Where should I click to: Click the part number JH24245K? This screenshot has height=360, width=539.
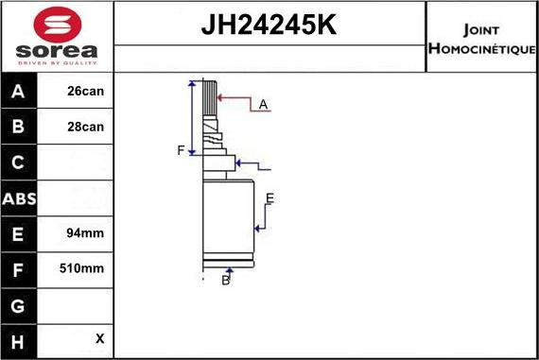click(269, 25)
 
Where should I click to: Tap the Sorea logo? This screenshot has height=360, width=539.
click(57, 36)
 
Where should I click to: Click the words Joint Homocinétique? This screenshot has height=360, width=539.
click(481, 37)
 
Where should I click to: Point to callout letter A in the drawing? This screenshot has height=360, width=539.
click(263, 104)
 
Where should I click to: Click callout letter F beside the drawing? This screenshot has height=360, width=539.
click(181, 150)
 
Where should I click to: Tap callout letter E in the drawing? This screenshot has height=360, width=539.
click(269, 197)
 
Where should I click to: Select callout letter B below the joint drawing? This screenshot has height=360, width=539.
click(225, 281)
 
